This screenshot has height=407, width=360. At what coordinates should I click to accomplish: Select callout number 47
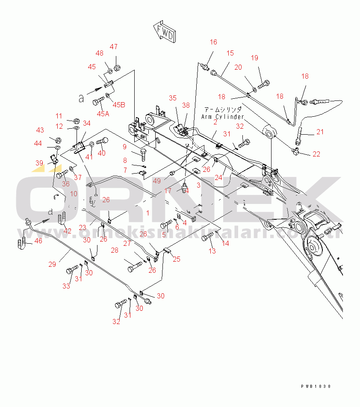coord(114,47)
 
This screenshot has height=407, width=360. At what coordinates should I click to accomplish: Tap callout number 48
coord(99,53)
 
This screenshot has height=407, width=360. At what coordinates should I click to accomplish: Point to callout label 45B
coord(119,105)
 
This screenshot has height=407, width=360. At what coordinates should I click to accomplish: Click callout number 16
coord(213,42)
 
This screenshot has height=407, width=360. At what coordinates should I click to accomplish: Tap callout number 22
coord(316,154)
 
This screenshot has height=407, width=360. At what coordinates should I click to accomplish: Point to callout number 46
coord(38,241)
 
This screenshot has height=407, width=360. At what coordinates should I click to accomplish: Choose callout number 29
coord(52,264)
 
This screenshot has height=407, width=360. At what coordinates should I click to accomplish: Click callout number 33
coord(66,286)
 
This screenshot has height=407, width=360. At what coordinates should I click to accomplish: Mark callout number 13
coord(212,251)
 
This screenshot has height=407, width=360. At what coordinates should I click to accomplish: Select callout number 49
coord(158,181)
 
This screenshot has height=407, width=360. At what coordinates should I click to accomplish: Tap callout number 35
coord(172,98)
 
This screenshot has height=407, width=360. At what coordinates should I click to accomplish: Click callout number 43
coord(40,130)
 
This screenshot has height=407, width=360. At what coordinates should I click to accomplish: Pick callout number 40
coord(102,153)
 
